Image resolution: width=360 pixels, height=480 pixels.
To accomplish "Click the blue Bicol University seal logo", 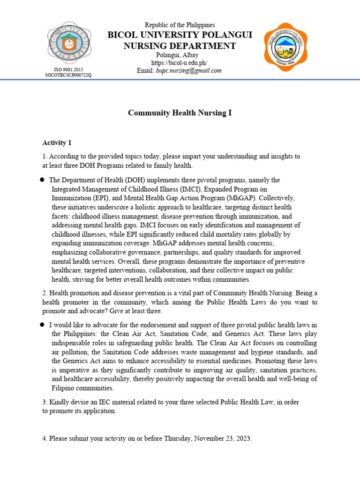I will [69, 43].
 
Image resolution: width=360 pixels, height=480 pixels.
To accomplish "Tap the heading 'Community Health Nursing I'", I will [180, 113].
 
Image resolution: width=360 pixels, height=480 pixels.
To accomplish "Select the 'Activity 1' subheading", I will [57, 142].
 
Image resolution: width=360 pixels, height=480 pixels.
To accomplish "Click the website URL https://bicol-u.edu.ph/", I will [179, 63].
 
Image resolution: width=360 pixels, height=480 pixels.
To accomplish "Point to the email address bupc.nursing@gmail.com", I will [188, 70].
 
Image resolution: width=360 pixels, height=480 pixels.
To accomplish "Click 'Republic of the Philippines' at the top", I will [180, 25].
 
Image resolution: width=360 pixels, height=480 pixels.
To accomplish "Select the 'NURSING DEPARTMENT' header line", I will [180, 45].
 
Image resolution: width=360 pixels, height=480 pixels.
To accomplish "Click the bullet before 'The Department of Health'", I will [42, 180].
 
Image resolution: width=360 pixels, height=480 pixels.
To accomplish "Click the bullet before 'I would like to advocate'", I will [42, 324].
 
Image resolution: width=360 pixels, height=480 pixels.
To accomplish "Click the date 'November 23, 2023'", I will [223, 439].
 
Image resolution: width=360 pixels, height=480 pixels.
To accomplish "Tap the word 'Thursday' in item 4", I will [178, 439].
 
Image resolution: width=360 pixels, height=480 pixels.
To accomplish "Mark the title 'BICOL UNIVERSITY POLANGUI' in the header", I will [180, 35].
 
